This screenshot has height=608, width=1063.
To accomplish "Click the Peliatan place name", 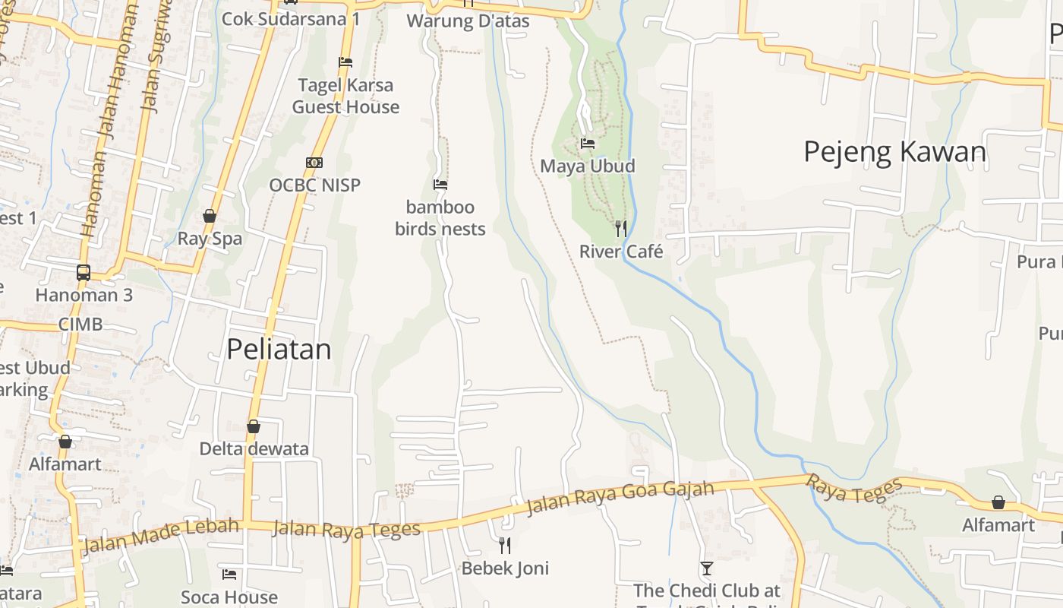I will (279, 349).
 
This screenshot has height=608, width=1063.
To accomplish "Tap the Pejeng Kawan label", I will (894, 152).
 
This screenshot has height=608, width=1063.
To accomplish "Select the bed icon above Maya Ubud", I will (587, 143).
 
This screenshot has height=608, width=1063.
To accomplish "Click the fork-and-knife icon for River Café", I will (621, 228).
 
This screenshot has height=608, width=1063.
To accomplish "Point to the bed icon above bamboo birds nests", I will (440, 184).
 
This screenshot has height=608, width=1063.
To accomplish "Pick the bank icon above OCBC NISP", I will (314, 162).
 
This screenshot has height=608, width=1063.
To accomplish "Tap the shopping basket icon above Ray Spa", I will (210, 217).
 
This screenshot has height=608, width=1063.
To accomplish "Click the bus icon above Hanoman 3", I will (84, 272).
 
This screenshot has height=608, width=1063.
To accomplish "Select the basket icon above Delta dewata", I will (254, 426).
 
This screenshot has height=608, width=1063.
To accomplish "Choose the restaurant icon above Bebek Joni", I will (504, 545).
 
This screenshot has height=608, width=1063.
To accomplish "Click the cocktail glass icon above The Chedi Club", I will (707, 568).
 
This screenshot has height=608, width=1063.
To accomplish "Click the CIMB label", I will (80, 325).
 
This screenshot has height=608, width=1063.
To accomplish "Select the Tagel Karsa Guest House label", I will (345, 96).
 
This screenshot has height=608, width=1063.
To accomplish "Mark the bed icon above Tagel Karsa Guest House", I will (345, 62).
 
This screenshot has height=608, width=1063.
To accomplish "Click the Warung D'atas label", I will (468, 21).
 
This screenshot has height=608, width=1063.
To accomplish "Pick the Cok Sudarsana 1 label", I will (291, 18).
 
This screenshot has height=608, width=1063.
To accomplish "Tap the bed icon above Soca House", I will (229, 574).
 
